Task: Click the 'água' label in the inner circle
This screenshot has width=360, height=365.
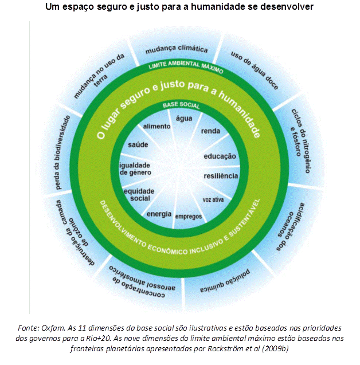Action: (x=184, y=119)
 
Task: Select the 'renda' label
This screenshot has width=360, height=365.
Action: (x=210, y=131)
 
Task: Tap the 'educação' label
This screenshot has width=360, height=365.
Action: (x=220, y=156)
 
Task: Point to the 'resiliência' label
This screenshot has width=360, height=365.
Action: (x=221, y=176)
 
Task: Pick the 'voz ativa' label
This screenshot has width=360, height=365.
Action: (x=213, y=200)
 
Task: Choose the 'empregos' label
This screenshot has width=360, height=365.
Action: (x=189, y=217)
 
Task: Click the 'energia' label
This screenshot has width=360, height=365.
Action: (x=159, y=214)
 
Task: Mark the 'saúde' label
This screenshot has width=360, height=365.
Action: (x=138, y=145)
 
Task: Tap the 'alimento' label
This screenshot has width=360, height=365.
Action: (x=156, y=127)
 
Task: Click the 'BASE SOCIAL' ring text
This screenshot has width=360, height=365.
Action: (x=181, y=105)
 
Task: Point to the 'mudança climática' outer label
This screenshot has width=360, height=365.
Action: (x=177, y=49)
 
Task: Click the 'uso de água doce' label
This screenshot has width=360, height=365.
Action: (x=255, y=70)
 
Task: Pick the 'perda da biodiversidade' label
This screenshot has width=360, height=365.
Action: (x=62, y=152)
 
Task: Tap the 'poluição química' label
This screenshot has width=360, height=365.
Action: (x=225, y=281)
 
